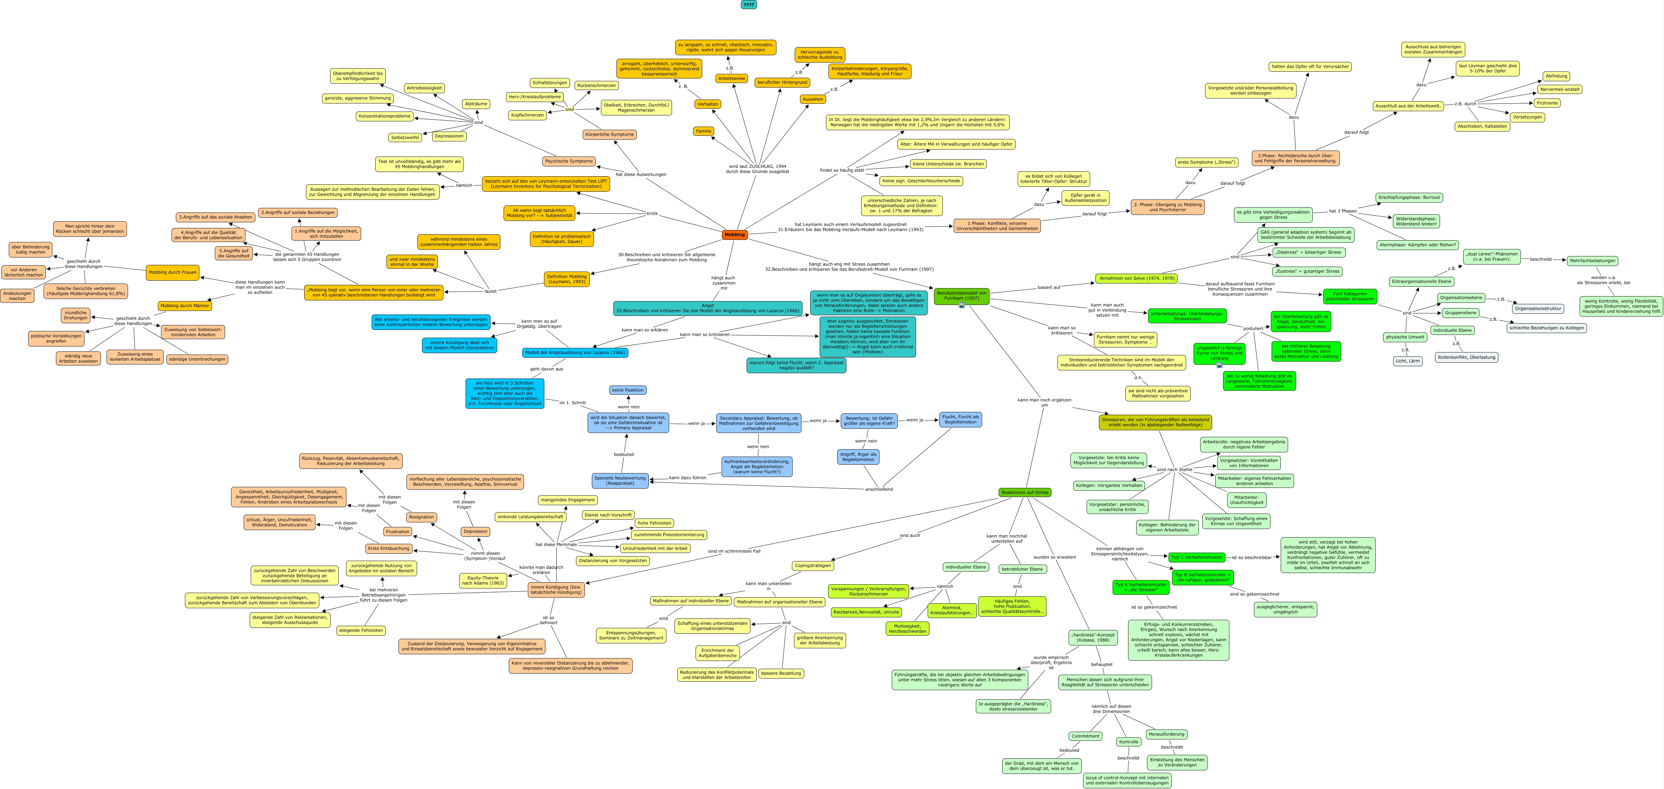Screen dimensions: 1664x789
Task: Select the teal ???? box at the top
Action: pyautogui.click(x=749, y=5)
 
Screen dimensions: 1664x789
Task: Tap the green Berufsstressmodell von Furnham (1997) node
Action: pyautogui.click(x=961, y=295)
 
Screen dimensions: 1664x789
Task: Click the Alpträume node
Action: pyautogui.click(x=476, y=103)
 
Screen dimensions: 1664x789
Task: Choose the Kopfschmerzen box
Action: pyautogui.click(x=527, y=115)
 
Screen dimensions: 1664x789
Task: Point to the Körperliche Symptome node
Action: pyautogui.click(x=609, y=134)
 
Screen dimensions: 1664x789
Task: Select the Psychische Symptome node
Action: pyautogui.click(x=569, y=161)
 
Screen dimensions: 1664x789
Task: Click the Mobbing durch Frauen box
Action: pyautogui.click(x=172, y=272)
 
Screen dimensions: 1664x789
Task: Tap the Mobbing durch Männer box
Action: pyautogui.click(x=185, y=306)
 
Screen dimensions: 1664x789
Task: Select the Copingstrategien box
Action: pyautogui.click(x=813, y=565)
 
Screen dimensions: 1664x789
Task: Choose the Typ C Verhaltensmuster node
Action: pyautogui.click(x=1196, y=557)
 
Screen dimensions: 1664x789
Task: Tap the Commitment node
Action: pyautogui.click(x=1085, y=736)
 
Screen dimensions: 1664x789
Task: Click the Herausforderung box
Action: pyautogui.click(x=1167, y=734)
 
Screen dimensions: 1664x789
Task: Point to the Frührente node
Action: pyautogui.click(x=1547, y=103)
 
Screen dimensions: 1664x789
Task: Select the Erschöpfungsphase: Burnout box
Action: pyautogui.click(x=1409, y=197)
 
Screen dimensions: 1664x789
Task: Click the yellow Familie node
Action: pyautogui.click(x=703, y=131)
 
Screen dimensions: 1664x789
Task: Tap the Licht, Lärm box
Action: pyautogui.click(x=1408, y=361)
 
